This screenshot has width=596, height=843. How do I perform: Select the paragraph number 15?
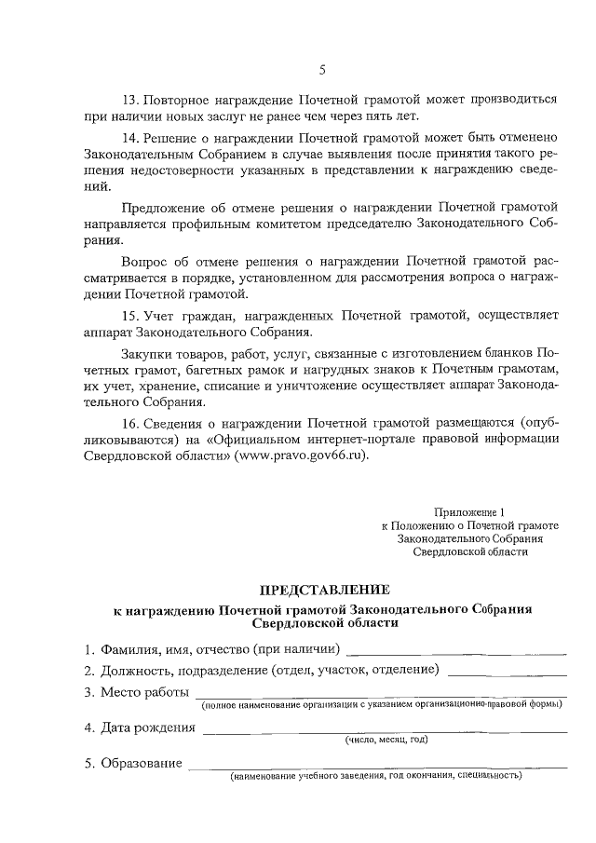[x=129, y=316]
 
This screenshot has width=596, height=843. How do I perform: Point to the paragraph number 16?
[x=129, y=420]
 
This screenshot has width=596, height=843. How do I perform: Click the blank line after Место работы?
[x=380, y=694]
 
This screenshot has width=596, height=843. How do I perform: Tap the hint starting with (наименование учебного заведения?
[x=376, y=775]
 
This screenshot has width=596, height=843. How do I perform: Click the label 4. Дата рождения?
[x=140, y=727]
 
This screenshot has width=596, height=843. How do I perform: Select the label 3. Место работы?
[x=136, y=693]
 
